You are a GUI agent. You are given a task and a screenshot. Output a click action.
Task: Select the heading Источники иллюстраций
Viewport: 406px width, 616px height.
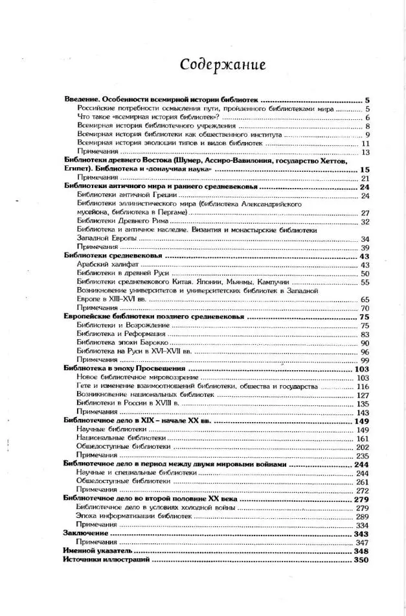pyautogui.click(x=107, y=560)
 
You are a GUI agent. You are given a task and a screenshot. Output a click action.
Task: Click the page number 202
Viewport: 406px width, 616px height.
pyautogui.click(x=362, y=447)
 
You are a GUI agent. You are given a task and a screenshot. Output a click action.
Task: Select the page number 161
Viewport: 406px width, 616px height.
pyautogui.click(x=362, y=438)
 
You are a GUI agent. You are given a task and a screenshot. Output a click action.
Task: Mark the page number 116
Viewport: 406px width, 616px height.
pyautogui.click(x=362, y=386)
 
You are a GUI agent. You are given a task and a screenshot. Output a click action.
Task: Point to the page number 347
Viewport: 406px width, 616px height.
pyautogui.click(x=362, y=541)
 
